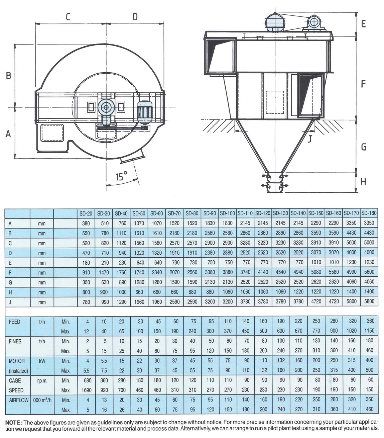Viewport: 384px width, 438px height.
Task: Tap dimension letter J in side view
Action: [310, 138]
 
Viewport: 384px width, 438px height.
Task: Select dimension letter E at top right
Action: [363, 24]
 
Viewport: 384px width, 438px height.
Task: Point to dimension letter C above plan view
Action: [68, 17]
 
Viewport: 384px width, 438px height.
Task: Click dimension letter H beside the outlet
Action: [363, 182]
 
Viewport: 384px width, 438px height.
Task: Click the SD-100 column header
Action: [227, 213]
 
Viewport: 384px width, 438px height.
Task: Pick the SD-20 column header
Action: [86, 213]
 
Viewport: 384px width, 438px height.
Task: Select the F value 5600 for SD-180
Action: [369, 272]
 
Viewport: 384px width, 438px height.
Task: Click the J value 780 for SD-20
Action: [86, 301]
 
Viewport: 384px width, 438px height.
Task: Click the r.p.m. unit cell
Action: [42, 380]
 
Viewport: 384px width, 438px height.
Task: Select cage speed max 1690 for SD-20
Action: [86, 390]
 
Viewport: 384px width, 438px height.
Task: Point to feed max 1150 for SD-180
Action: [369, 331]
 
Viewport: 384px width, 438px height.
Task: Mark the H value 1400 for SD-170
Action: [352, 291]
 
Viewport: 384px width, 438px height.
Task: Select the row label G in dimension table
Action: [10, 282]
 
